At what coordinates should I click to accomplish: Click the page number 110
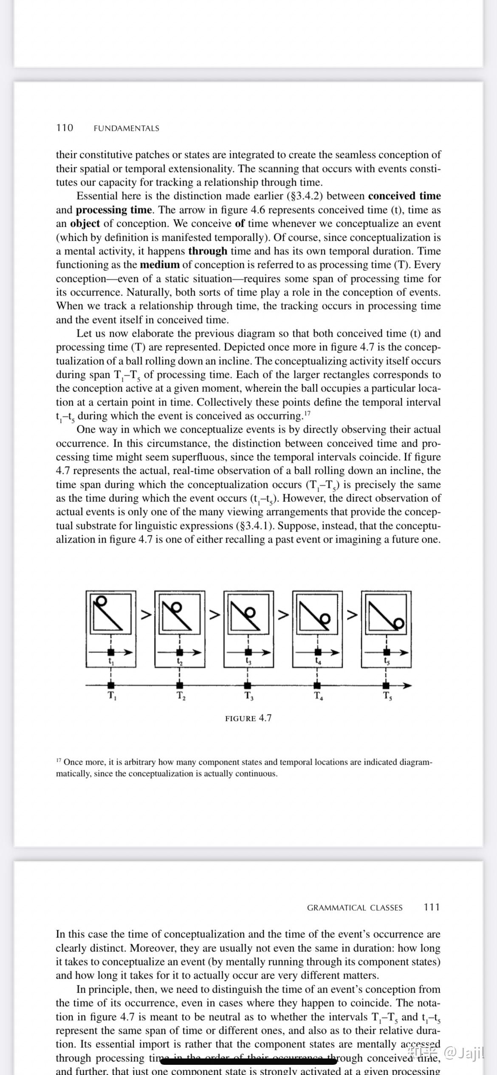(65, 128)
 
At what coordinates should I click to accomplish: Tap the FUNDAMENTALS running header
(126, 128)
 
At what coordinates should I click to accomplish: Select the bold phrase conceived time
(404, 196)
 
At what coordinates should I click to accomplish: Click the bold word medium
(160, 265)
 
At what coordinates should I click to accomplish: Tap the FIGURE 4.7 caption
(248, 718)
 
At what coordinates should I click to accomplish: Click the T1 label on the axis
(112, 695)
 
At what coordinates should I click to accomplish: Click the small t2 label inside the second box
(180, 661)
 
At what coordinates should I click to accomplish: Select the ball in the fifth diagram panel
(399, 623)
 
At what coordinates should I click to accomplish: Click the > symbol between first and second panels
(146, 614)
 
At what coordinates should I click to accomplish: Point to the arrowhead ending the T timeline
(407, 685)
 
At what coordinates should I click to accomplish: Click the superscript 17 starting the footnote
(59, 760)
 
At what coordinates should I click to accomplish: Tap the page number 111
(432, 907)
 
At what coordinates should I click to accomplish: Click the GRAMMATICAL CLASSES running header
(355, 908)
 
